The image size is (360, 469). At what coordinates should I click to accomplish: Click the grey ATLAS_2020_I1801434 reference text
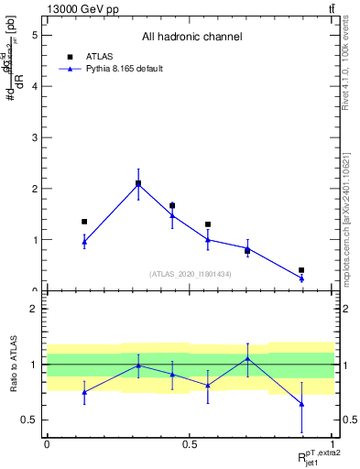(191, 274)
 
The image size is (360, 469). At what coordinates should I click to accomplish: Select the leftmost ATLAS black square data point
(84, 222)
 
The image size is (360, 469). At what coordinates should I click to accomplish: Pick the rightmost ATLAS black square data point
(301, 270)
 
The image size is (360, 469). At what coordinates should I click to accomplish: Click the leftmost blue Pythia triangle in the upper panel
(84, 241)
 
